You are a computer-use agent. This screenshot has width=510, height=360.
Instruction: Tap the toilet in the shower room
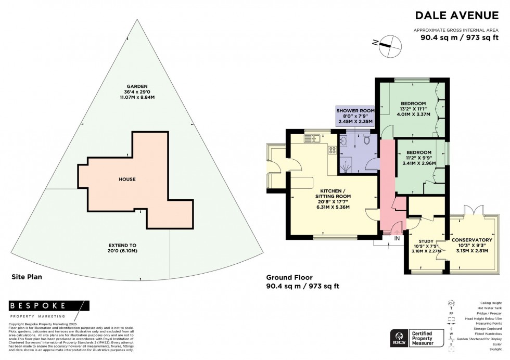pyautogui.click(x=367, y=139)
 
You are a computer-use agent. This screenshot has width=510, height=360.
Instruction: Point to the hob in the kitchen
pyautogui.click(x=331, y=150)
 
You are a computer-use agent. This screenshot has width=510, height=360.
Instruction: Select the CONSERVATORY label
pyautogui.click(x=471, y=240)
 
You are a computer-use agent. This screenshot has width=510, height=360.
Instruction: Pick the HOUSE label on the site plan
pyautogui.click(x=127, y=179)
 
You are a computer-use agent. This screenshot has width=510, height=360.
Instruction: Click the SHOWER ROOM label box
pyautogui.click(x=356, y=117)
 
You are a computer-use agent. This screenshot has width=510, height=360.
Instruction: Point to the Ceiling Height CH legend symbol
pyautogui.click(x=451, y=302)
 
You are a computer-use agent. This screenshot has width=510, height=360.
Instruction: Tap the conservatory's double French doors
pyautogui.click(x=470, y=210)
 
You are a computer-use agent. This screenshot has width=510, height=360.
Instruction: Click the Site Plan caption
pyautogui.click(x=27, y=277)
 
